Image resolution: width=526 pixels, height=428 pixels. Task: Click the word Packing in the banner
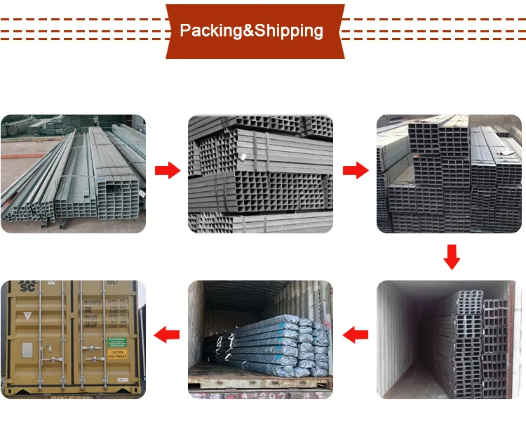coord(210,31)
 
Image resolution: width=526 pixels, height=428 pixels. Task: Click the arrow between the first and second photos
coord(167,169)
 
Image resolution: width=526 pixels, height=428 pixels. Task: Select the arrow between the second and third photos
coord(355,169)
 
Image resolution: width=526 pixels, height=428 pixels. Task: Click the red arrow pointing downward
coord(452,257)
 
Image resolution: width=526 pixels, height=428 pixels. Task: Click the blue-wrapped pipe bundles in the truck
coord(281,341)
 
